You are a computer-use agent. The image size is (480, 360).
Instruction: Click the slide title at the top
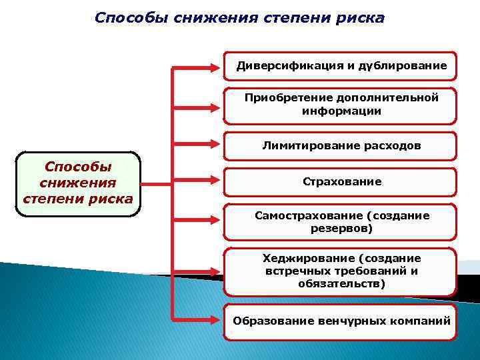(x=239, y=17)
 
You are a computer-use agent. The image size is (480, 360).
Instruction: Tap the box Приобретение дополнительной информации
(x=340, y=105)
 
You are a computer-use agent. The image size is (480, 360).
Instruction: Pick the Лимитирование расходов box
(x=340, y=145)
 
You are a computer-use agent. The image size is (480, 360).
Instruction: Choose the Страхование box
(x=340, y=181)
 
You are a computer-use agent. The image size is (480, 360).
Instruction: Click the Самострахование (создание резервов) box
(x=340, y=222)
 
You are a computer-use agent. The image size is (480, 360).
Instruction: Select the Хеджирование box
(x=340, y=271)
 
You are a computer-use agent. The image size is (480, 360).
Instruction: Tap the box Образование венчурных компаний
(x=340, y=321)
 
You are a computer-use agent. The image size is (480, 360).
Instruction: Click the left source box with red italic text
(x=77, y=183)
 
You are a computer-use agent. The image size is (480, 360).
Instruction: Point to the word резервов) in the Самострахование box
(x=342, y=229)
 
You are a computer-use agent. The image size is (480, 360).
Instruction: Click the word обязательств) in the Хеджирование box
(x=342, y=284)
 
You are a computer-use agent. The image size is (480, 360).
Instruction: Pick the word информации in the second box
(x=342, y=111)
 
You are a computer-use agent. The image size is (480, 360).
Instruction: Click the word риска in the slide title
(x=361, y=17)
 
